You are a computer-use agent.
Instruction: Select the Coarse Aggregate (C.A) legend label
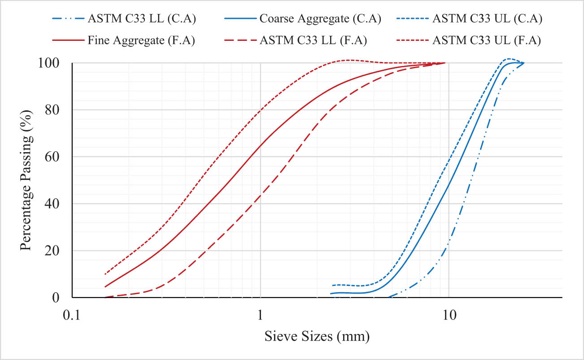pyautogui.click(x=320, y=19)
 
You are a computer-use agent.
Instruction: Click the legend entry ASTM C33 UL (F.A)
pyautogui.click(x=487, y=40)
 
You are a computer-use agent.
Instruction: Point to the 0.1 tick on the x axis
pyautogui.click(x=73, y=314)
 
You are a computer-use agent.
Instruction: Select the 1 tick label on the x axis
pyautogui.click(x=261, y=314)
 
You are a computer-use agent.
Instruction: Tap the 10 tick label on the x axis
pyautogui.click(x=449, y=314)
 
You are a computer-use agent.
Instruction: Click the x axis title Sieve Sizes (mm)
pyautogui.click(x=317, y=336)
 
